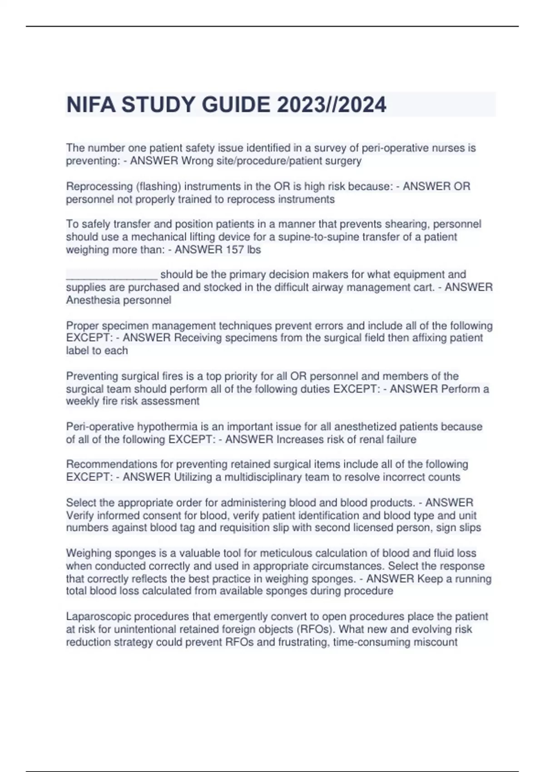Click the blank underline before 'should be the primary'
(112, 275)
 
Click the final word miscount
(435, 642)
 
